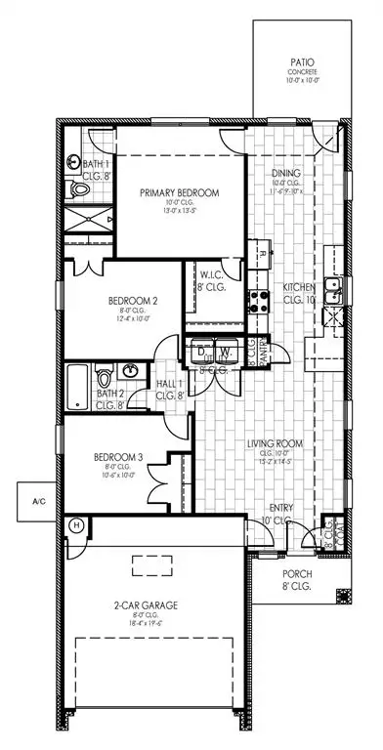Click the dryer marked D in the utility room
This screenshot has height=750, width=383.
click(203, 351)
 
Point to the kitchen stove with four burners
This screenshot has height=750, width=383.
click(261, 302)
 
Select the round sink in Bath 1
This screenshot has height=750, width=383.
click(74, 162)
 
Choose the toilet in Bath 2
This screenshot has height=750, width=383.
click(106, 375)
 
